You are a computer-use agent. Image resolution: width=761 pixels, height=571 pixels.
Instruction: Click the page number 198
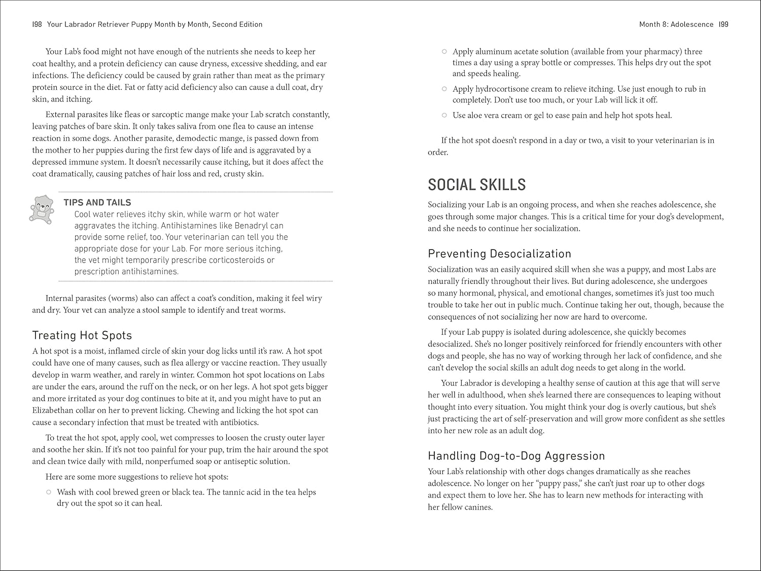point(37,24)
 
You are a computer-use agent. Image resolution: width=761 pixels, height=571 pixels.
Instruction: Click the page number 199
point(723,24)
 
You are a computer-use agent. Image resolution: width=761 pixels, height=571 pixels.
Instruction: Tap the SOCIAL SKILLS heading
point(476,185)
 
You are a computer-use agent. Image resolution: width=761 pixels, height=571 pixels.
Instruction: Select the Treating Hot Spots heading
point(82,335)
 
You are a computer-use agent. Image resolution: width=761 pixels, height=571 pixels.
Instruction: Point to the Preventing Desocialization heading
point(499,254)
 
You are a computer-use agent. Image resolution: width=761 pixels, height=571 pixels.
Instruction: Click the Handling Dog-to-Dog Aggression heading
point(516,456)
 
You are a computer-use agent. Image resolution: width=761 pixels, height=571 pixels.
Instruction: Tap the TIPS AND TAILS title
point(97,202)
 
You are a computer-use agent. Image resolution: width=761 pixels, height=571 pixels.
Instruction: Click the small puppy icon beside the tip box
point(42,208)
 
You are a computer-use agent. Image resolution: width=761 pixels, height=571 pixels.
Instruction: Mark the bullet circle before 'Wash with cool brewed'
point(49,492)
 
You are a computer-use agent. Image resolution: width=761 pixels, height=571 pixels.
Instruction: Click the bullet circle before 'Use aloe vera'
point(444,115)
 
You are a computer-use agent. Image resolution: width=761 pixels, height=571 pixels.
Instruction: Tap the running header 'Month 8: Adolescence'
point(676,24)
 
